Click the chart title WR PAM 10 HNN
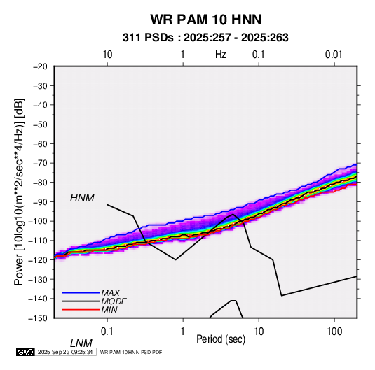pos(206,20)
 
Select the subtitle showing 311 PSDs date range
pos(205,38)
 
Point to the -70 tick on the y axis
pos(41,163)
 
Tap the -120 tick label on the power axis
pos(39,259)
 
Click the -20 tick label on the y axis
pos(41,66)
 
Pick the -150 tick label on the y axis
pos(39,318)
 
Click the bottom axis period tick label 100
pos(334,332)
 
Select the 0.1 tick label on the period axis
pos(107,332)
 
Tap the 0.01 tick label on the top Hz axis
pos(334,55)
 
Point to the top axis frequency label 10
pos(107,55)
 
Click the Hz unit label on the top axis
pos(220,55)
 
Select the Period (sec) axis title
pos(221,339)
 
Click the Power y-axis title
pos(19,192)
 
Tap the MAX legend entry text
pos(111,293)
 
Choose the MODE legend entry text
pos(114,301)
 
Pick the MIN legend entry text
pos(109,310)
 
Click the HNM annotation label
pos(82,198)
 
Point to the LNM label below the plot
pos(81,343)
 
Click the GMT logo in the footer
pos(25,352)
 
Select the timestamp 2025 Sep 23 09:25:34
pos(65,352)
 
